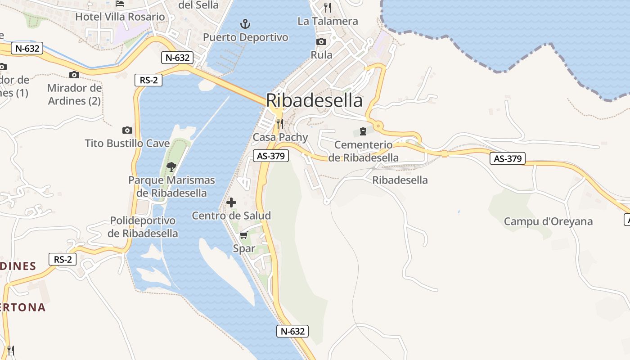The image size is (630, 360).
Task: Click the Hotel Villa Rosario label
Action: (x=120, y=17)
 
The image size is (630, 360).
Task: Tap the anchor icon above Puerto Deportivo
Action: (x=245, y=23)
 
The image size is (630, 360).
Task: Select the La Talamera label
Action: (x=328, y=21)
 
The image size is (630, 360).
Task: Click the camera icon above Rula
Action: (x=321, y=42)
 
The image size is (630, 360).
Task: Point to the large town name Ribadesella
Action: (x=314, y=100)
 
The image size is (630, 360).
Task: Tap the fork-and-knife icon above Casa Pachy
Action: (x=280, y=123)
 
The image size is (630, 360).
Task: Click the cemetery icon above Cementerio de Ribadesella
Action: (x=363, y=131)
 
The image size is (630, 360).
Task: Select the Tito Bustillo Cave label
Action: (x=127, y=144)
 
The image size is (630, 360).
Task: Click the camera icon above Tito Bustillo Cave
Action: (x=127, y=130)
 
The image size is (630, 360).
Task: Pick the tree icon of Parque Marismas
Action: (x=171, y=167)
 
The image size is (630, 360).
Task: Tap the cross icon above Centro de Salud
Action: (x=231, y=202)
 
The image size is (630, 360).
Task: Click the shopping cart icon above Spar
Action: (x=244, y=235)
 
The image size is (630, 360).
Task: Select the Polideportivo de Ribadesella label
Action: (x=143, y=227)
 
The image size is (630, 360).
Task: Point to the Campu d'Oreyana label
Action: (x=548, y=221)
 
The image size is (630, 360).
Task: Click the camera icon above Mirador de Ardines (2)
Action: (x=74, y=75)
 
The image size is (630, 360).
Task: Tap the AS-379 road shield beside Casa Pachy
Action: (x=270, y=156)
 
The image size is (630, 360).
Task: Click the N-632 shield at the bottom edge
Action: (x=292, y=332)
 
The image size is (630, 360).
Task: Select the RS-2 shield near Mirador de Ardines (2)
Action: (x=148, y=80)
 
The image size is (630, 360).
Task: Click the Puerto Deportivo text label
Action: (x=245, y=37)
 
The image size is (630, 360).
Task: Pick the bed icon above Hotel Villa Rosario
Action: (x=120, y=4)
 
